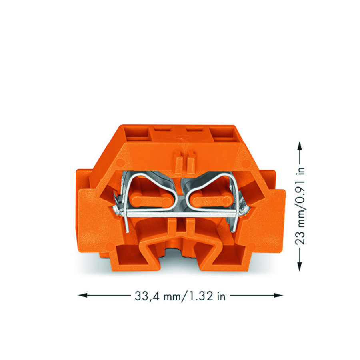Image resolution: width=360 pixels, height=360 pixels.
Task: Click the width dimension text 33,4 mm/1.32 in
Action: click(x=180, y=296)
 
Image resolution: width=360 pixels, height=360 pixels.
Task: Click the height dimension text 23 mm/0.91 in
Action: click(x=300, y=206)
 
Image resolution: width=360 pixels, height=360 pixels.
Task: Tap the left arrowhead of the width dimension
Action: click(x=83, y=295)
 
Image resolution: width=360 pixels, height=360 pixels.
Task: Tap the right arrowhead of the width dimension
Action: click(x=278, y=295)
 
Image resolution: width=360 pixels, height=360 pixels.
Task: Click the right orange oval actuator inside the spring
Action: click(x=212, y=201)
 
